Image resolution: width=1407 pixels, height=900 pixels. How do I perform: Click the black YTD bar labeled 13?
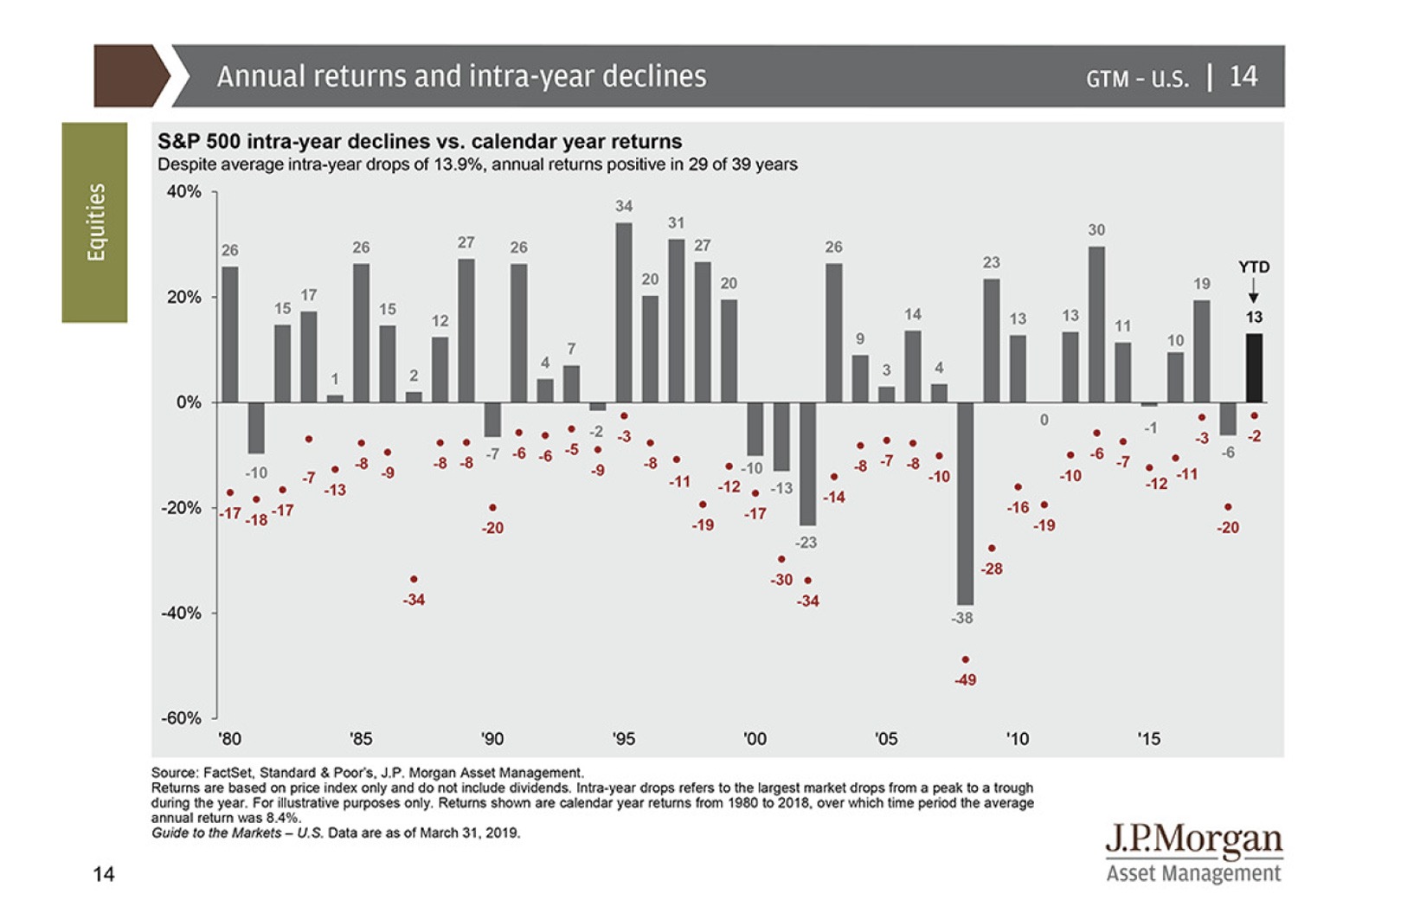(1254, 368)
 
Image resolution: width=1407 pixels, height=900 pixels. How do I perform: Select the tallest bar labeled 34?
(624, 312)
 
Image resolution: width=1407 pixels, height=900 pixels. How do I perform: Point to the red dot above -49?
(966, 659)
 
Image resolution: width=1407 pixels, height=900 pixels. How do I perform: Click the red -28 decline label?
(992, 569)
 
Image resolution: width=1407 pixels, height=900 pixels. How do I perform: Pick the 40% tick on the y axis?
(183, 191)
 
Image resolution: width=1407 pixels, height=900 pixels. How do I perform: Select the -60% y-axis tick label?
(181, 717)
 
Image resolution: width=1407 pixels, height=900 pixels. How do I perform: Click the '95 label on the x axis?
(623, 739)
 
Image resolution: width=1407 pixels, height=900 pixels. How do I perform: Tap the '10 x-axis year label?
(1017, 739)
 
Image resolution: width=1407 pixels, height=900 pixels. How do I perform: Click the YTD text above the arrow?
(1254, 267)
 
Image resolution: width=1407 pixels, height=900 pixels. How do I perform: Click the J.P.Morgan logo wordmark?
(1194, 839)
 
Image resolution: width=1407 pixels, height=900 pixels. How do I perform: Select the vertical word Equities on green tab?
(95, 222)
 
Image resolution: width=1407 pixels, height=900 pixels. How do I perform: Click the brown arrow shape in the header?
(131, 76)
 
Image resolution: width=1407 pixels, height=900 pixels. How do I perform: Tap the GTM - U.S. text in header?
(1137, 79)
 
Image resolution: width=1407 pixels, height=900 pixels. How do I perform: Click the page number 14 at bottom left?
(104, 874)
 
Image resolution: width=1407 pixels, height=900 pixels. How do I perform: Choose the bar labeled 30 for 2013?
(1096, 325)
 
